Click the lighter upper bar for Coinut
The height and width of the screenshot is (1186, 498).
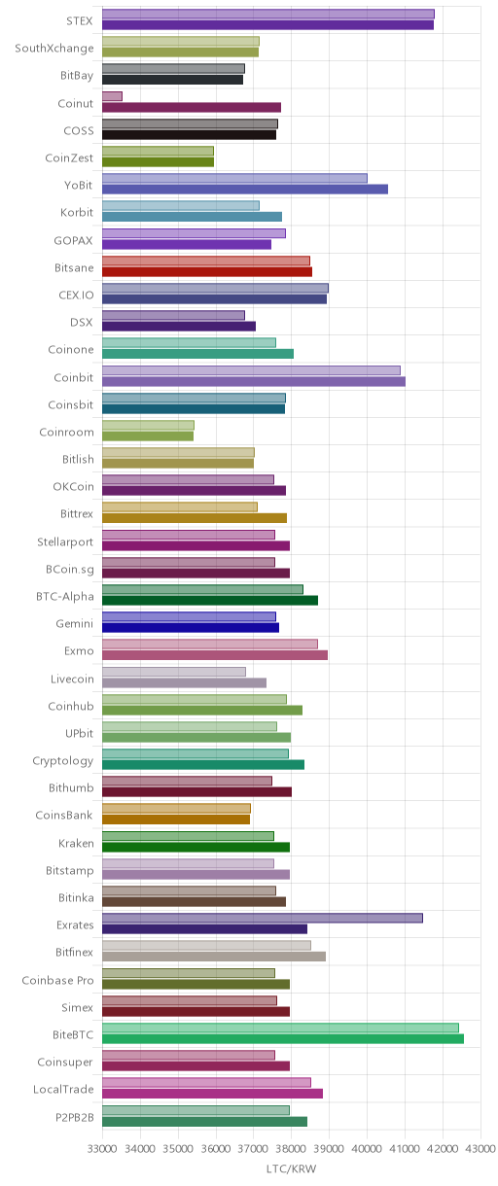pyautogui.click(x=112, y=96)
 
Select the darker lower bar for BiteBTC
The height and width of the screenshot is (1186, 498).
pyautogui.click(x=283, y=1039)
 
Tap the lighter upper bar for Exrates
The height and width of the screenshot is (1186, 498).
pyautogui.click(x=263, y=918)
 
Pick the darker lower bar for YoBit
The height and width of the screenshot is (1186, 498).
pyautogui.click(x=245, y=189)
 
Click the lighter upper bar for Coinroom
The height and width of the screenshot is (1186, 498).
pyautogui.click(x=148, y=425)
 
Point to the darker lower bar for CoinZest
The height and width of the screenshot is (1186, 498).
pyautogui.click(x=158, y=162)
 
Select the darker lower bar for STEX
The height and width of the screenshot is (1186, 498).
pyautogui.click(x=267, y=25)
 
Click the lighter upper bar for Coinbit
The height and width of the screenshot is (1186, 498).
pyautogui.click(x=251, y=370)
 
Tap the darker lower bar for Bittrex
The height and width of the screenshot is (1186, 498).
pyautogui.click(x=195, y=518)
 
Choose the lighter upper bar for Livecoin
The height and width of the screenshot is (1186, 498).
pyautogui.click(x=174, y=672)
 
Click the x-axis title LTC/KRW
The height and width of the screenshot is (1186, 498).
pyautogui.click(x=291, y=1169)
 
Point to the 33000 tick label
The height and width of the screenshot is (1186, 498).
pyautogui.click(x=102, y=1148)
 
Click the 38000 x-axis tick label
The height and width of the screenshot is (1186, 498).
pyautogui.click(x=291, y=1148)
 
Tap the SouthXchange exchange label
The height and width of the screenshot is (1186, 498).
pyautogui.click(x=54, y=49)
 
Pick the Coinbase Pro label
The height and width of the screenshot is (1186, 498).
pyautogui.click(x=57, y=980)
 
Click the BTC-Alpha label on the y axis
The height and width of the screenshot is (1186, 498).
pyautogui.click(x=64, y=596)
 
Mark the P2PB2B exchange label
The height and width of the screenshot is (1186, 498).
pyautogui.click(x=75, y=1117)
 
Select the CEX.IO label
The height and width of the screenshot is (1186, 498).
pyautogui.click(x=76, y=295)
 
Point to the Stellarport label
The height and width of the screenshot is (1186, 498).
pyautogui.click(x=64, y=541)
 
